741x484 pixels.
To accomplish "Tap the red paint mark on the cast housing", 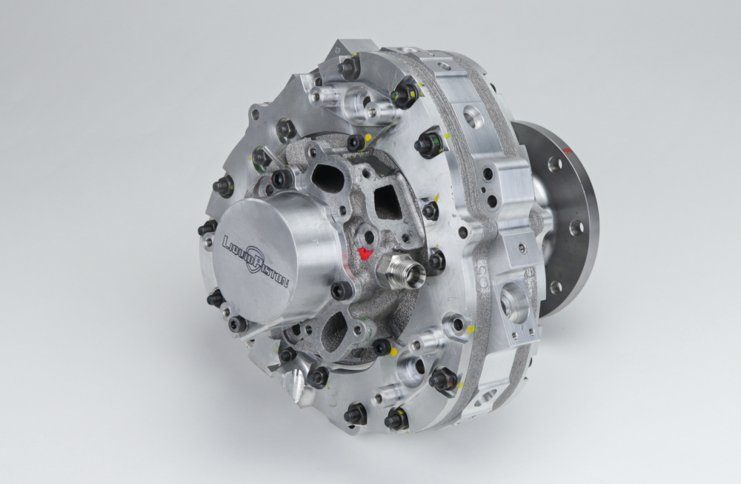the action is [365, 253].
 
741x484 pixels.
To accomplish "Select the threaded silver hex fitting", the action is [400, 270].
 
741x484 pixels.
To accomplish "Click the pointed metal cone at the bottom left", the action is [295, 384].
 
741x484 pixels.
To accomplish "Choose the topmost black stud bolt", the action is [348, 67].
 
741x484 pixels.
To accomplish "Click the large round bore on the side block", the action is [510, 299].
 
